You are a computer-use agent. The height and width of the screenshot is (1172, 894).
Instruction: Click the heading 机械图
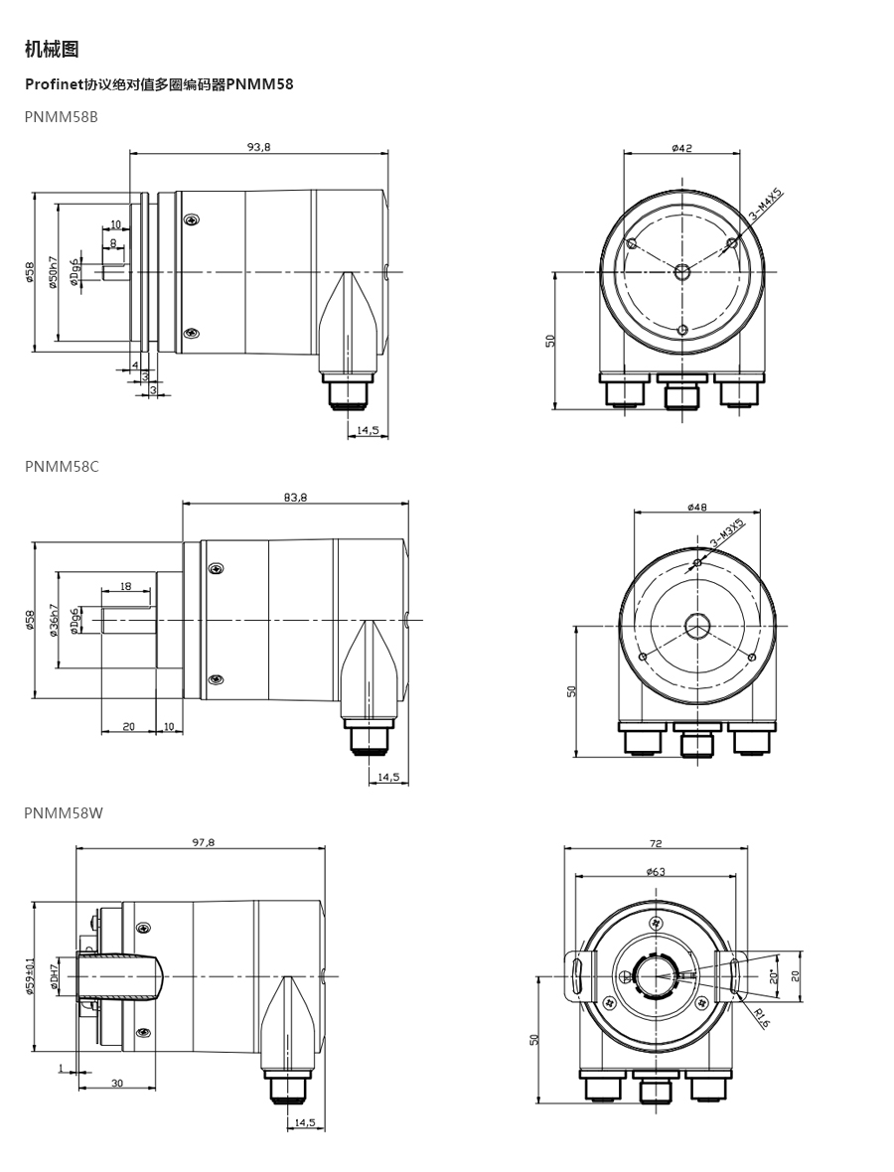coord(52,50)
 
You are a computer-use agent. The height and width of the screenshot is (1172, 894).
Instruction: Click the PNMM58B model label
coord(62,116)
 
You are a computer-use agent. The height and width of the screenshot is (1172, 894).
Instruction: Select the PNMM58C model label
coord(62,467)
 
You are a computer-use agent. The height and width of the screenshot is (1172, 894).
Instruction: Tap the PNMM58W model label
coord(64,812)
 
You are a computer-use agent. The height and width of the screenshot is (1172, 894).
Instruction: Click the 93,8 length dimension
coord(258,147)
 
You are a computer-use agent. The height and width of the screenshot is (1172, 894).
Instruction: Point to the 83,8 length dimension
coord(295,497)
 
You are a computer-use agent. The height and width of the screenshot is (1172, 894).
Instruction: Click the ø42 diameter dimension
coord(681,147)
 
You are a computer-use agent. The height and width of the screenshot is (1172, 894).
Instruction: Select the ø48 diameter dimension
coord(696,507)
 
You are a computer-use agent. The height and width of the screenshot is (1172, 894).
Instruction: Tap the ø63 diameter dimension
coord(655,871)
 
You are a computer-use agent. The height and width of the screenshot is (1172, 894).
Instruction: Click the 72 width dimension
coord(656,843)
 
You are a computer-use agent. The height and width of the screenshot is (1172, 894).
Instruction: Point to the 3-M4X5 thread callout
coord(765,205)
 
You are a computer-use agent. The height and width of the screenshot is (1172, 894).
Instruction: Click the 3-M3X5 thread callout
coord(726,533)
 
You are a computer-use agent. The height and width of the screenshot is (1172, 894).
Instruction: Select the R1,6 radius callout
coord(761,1018)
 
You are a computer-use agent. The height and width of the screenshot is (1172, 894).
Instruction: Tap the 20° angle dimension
coord(775,976)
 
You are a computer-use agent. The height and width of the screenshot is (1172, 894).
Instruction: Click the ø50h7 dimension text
coord(53,273)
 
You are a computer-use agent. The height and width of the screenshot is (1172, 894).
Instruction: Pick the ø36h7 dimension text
coord(53,621)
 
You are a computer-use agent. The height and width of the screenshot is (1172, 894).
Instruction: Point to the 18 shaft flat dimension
coord(125,586)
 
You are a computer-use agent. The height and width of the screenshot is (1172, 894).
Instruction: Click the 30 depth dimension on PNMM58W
coord(117,1083)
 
